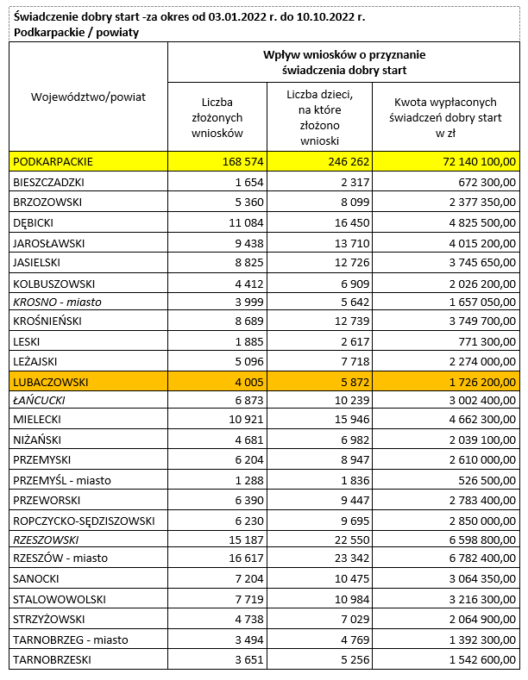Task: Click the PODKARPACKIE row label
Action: [x=53, y=161]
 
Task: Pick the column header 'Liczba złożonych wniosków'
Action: [x=217, y=117]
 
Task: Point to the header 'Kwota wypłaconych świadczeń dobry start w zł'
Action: [x=445, y=117]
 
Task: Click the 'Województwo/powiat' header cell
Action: [x=88, y=97]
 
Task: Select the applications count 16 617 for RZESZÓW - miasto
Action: [x=245, y=558]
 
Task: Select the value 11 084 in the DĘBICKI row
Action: [x=245, y=222]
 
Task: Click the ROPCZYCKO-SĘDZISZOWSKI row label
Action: [x=83, y=520]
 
